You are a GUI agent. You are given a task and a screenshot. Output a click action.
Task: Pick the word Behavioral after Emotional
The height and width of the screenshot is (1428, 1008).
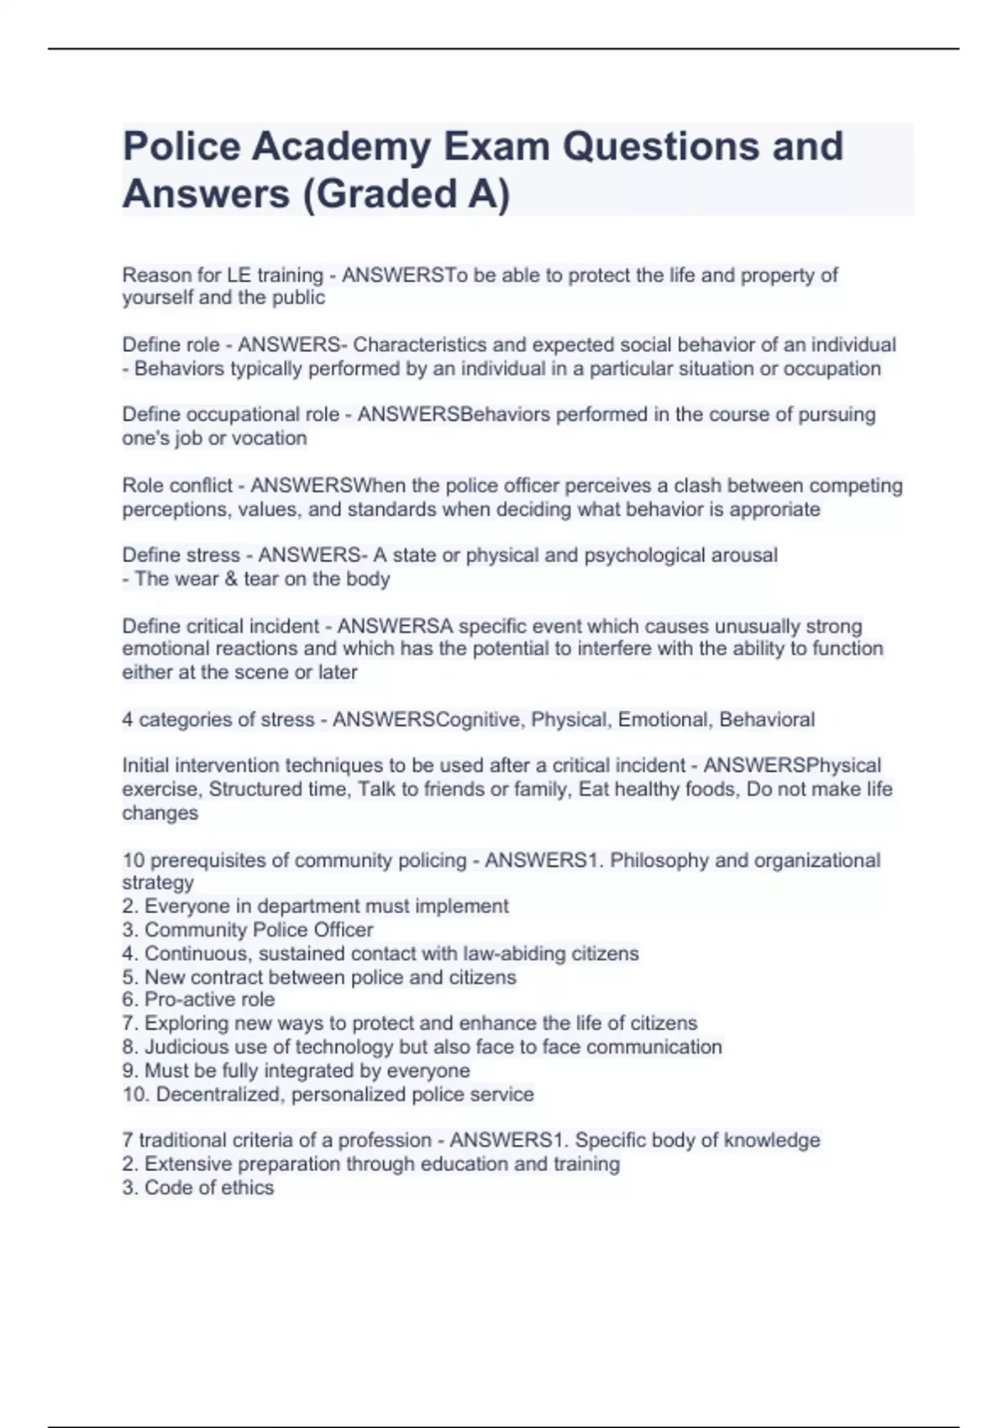(x=767, y=720)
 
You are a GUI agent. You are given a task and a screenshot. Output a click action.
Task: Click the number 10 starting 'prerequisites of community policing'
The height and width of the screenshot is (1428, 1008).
(x=133, y=860)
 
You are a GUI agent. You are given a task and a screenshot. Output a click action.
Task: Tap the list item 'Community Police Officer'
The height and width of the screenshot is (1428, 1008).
(x=259, y=930)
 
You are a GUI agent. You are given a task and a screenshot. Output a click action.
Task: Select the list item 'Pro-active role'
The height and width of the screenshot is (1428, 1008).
(x=209, y=1000)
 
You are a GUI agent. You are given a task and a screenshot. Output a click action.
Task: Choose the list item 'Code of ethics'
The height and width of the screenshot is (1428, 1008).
(x=208, y=1188)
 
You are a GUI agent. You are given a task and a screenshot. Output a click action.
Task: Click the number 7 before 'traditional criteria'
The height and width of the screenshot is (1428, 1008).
(x=128, y=1140)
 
